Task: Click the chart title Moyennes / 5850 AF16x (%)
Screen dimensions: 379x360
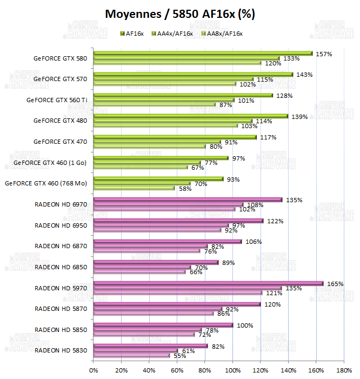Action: [179, 14]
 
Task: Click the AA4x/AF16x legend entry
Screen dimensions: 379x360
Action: [174, 34]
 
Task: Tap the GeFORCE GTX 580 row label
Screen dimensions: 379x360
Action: [60, 58]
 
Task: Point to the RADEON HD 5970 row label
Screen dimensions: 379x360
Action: [61, 288]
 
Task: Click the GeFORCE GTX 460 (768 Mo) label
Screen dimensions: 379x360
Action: [45, 183]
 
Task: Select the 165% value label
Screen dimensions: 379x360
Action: [336, 283]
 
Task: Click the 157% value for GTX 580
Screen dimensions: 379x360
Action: [324, 54]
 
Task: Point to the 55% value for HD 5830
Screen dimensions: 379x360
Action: [179, 356]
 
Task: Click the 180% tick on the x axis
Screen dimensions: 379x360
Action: [344, 370]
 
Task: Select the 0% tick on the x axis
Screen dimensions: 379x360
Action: [94, 370]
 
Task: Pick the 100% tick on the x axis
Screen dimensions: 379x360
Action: [232, 370]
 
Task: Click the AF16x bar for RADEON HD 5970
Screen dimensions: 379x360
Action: [208, 283]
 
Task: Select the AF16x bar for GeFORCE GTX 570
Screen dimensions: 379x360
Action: [193, 75]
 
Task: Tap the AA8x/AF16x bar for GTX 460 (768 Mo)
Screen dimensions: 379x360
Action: [134, 189]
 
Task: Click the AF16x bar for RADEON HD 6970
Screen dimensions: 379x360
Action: [188, 200]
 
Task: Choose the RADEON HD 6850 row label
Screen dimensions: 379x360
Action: [61, 267]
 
